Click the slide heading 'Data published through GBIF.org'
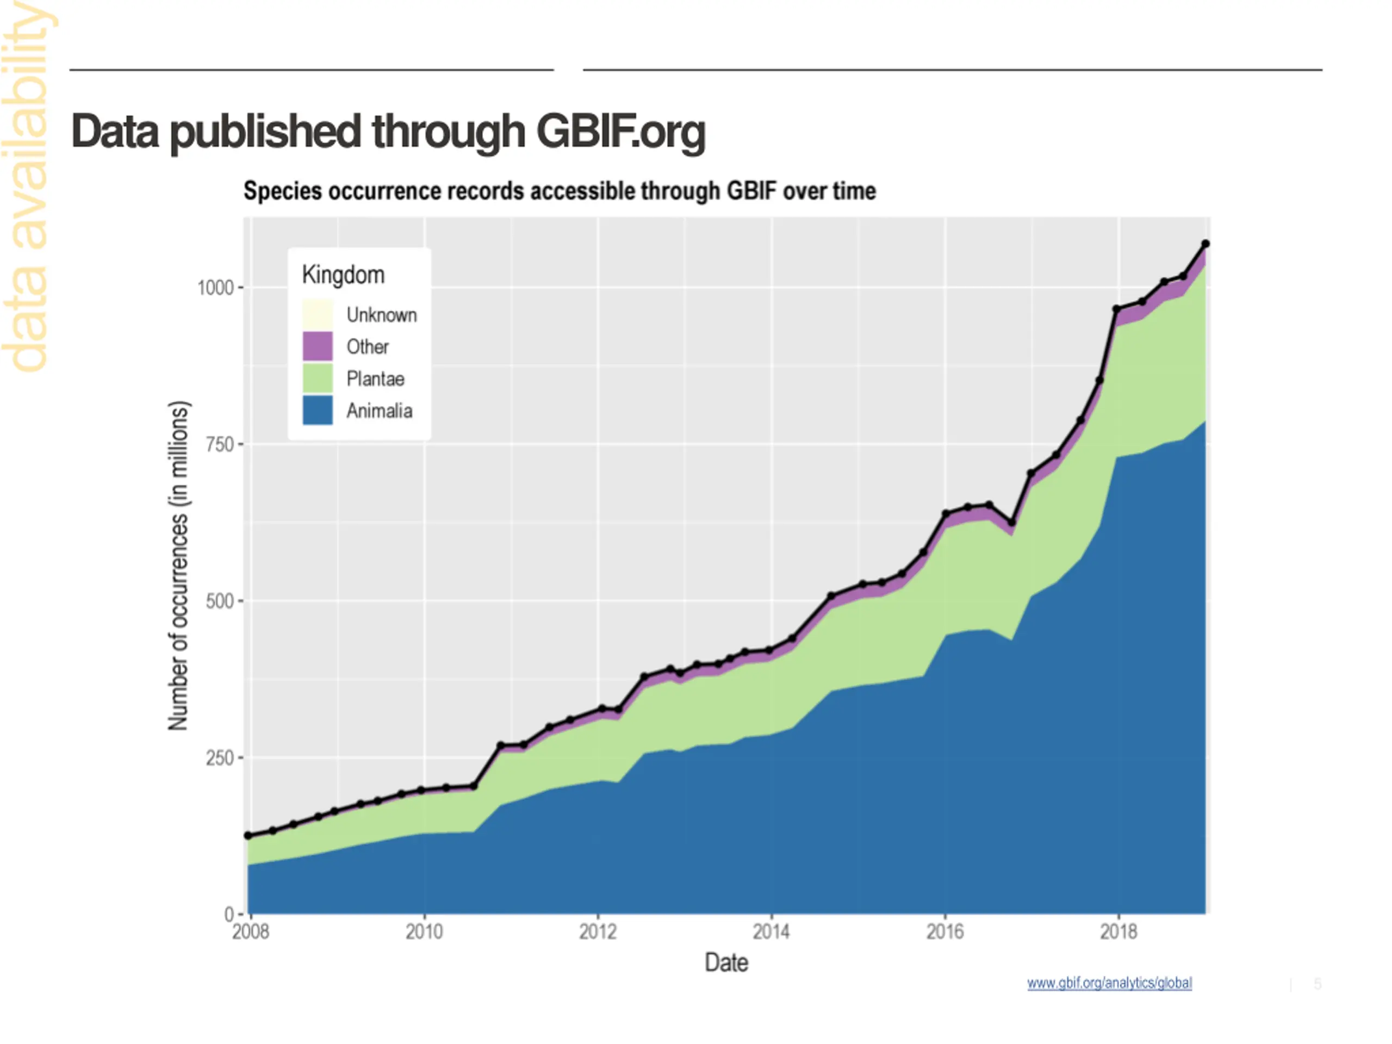click(388, 132)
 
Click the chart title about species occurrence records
click(560, 191)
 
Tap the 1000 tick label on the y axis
click(215, 288)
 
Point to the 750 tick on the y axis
click(220, 444)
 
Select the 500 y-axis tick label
click(220, 601)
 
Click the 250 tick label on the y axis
click(220, 757)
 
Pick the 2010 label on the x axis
click(424, 931)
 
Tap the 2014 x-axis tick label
click(772, 931)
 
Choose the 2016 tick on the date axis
click(944, 931)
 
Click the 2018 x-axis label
click(1118, 931)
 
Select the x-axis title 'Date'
click(726, 963)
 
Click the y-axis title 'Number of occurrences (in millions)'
click(178, 565)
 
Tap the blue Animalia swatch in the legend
click(318, 411)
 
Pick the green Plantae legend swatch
click(318, 378)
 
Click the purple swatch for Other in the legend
click(318, 346)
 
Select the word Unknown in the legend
click(381, 315)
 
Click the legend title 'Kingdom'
click(343, 275)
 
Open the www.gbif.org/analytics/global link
click(1109, 983)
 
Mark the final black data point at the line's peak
click(1205, 244)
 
